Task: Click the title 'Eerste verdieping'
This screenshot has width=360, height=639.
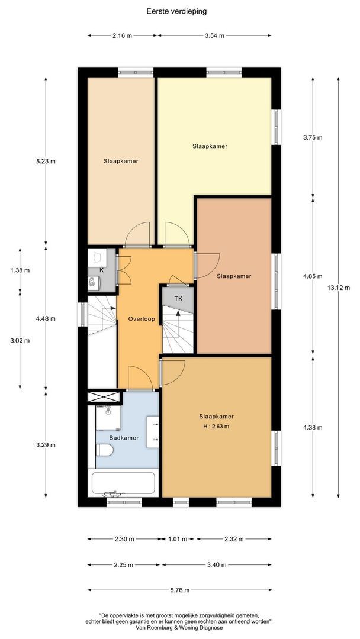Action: pyautogui.click(x=176, y=11)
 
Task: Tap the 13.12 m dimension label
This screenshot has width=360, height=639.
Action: pyautogui.click(x=339, y=288)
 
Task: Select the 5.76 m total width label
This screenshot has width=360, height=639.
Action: pyautogui.click(x=180, y=590)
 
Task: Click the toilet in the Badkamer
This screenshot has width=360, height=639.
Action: pyautogui.click(x=104, y=450)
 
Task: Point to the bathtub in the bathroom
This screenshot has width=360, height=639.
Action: pyautogui.click(x=124, y=483)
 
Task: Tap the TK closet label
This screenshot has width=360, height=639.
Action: pyautogui.click(x=179, y=299)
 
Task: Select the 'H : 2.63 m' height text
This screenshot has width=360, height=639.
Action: pyautogui.click(x=217, y=427)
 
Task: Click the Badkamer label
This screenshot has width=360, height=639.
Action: pyautogui.click(x=124, y=438)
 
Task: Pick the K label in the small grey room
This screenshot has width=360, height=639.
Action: pyautogui.click(x=101, y=270)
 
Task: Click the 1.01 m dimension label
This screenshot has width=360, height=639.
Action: pyautogui.click(x=178, y=539)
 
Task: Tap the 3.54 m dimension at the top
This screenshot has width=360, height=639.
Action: pyautogui.click(x=214, y=35)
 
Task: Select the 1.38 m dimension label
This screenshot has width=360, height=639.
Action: pyautogui.click(x=20, y=270)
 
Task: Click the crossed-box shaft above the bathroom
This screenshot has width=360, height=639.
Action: pyautogui.click(x=104, y=398)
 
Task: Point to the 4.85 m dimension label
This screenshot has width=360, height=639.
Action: pyautogui.click(x=313, y=276)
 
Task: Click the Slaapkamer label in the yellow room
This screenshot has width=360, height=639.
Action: pyautogui.click(x=210, y=146)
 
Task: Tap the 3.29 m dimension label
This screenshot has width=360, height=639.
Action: pyautogui.click(x=46, y=444)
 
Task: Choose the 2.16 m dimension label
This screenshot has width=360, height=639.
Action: pyautogui.click(x=123, y=35)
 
